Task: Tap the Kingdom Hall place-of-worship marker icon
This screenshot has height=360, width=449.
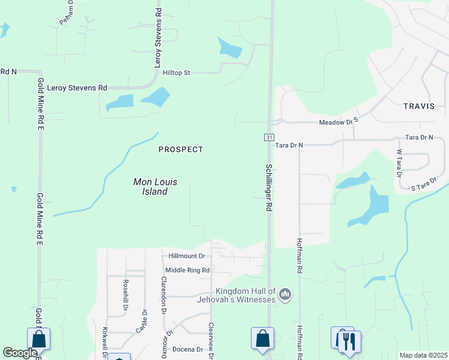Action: tap(285, 294)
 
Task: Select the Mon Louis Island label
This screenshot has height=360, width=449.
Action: tap(150, 187)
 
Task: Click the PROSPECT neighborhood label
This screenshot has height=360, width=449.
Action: tap(181, 149)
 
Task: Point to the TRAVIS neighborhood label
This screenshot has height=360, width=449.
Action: tap(419, 106)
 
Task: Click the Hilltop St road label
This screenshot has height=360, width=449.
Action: tap(176, 73)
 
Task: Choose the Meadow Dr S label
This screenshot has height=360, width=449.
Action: tap(339, 121)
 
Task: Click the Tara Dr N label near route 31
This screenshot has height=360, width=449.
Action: tap(289, 145)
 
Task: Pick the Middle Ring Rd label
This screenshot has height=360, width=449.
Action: tap(187, 271)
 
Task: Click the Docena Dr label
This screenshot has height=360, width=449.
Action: tap(188, 349)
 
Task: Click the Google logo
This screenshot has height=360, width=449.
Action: tap(19, 353)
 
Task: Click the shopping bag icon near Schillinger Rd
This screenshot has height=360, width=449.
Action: tap(262, 338)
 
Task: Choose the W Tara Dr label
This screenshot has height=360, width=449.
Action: tap(399, 163)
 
